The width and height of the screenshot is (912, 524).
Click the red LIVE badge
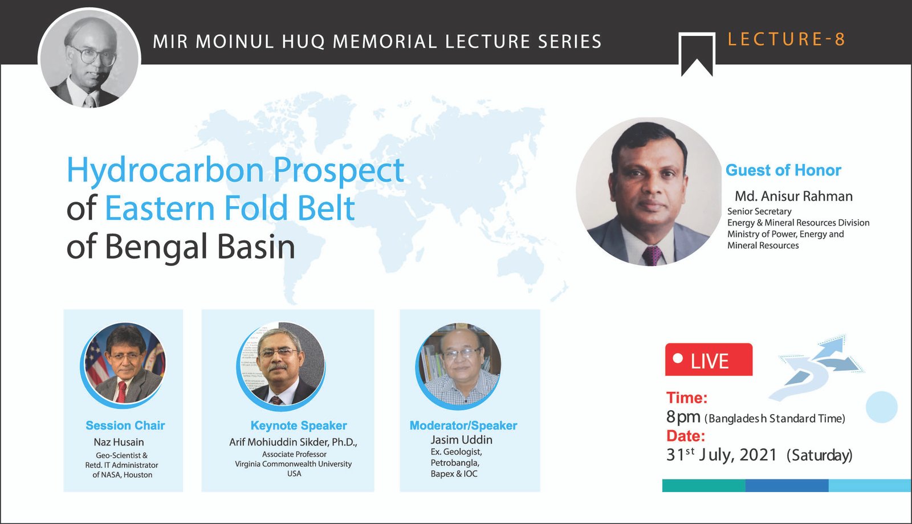pos(709,359)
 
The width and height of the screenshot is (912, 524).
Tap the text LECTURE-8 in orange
pos(786,39)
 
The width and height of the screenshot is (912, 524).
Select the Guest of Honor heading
pos(783,170)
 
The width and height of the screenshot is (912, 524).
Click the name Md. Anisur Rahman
pos(793,196)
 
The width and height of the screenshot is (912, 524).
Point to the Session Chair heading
pos(125,425)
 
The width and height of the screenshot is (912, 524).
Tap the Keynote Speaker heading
pos(299,425)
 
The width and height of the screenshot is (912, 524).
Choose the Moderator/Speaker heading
pos(463,425)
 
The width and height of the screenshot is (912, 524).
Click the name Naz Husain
pos(119,442)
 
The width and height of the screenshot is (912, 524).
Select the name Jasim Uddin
pos(461,439)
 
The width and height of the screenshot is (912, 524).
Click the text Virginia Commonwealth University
pos(293,464)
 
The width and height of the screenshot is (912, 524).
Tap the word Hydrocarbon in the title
pos(165,170)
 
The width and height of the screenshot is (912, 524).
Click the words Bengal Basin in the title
pos(199,247)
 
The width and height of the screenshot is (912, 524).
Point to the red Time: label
pos(686,398)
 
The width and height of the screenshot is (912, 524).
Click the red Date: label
pos(686,436)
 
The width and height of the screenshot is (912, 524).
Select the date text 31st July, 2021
pos(722,455)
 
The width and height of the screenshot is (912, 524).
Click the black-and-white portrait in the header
pos(89,59)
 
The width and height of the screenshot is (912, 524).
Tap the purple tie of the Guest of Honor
pos(652,256)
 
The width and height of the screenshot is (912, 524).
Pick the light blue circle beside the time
pos(881,407)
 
